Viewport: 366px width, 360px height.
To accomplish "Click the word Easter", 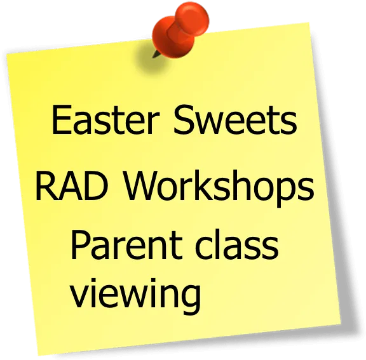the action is (x=105, y=119).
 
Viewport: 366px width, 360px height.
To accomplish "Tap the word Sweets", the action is (x=235, y=119).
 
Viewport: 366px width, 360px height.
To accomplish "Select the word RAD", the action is (x=72, y=185).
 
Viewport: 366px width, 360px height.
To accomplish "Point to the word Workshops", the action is (x=219, y=188).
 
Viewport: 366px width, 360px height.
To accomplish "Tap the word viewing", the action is (x=135, y=295).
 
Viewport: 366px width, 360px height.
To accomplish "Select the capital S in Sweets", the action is (x=184, y=119).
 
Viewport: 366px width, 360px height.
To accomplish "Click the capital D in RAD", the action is (x=97, y=185).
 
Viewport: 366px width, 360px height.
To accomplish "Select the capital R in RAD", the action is (x=45, y=185).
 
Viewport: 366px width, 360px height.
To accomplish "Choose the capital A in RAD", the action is (x=69, y=185).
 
